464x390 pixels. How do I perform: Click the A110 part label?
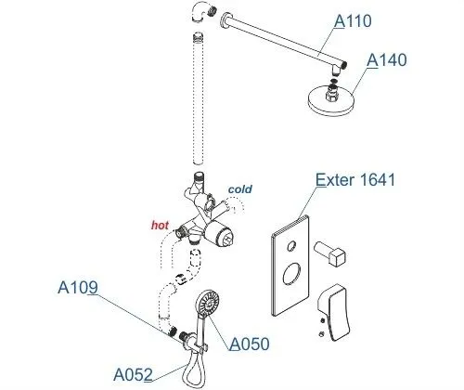point(353,21)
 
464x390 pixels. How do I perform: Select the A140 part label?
point(387,60)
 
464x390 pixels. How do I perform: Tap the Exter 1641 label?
point(355,180)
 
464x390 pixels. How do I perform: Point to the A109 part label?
point(78,288)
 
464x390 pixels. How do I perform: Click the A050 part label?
point(250,344)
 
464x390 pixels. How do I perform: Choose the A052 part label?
point(133,375)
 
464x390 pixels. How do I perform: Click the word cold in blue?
point(240,189)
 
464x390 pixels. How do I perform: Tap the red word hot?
point(160,225)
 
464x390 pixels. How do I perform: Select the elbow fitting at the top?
point(201,12)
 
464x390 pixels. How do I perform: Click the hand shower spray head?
point(207,303)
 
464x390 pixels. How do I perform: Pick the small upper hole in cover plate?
point(291,246)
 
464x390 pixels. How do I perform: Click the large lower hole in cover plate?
point(291,274)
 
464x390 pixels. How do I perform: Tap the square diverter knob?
point(329,254)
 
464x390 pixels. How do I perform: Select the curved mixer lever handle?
point(335,312)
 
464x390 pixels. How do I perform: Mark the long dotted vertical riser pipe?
point(199,98)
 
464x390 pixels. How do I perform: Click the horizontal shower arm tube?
point(286,40)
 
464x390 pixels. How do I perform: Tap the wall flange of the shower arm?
point(226,19)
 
